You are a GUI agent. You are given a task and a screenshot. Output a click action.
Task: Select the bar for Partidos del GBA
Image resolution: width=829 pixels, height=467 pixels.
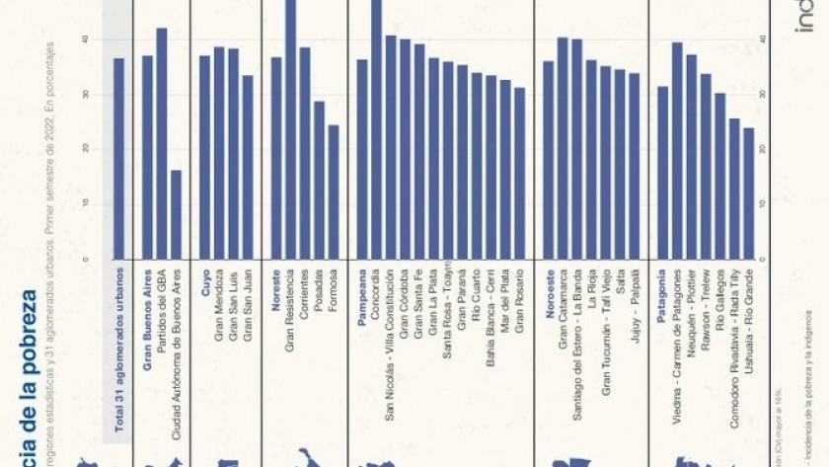click(x=162, y=143)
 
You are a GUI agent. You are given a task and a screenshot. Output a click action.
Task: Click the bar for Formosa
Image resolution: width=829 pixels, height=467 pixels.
click(x=334, y=192)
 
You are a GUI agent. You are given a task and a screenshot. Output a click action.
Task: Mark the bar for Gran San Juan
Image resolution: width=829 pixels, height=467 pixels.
click(x=248, y=167)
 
